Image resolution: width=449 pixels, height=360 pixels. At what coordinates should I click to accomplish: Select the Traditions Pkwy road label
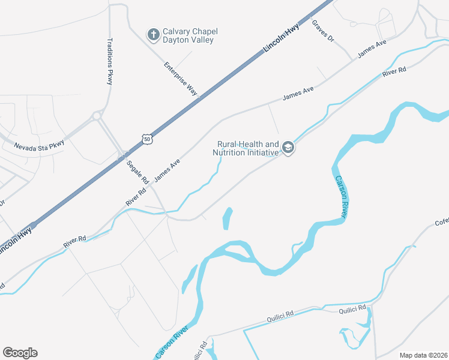tap(110, 62)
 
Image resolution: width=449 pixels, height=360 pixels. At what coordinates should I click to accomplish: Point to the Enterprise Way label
tap(181, 78)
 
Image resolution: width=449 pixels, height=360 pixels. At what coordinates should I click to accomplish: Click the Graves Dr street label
tap(322, 31)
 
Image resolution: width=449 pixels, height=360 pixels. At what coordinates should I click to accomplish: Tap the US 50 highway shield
tap(147, 139)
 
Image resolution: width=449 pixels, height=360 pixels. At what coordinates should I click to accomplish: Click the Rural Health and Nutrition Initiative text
tap(246, 149)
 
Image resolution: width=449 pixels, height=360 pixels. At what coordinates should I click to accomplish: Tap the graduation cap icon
tap(288, 148)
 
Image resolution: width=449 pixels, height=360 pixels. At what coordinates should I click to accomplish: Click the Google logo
tap(20, 353)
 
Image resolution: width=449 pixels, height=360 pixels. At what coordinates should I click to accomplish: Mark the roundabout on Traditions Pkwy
tap(97, 115)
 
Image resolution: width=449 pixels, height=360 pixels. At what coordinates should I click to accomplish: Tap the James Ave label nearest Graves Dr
tap(372, 49)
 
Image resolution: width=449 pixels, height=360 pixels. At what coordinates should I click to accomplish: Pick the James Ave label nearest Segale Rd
tap(167, 170)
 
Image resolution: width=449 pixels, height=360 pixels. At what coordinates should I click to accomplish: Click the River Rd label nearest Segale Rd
tap(136, 198)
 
